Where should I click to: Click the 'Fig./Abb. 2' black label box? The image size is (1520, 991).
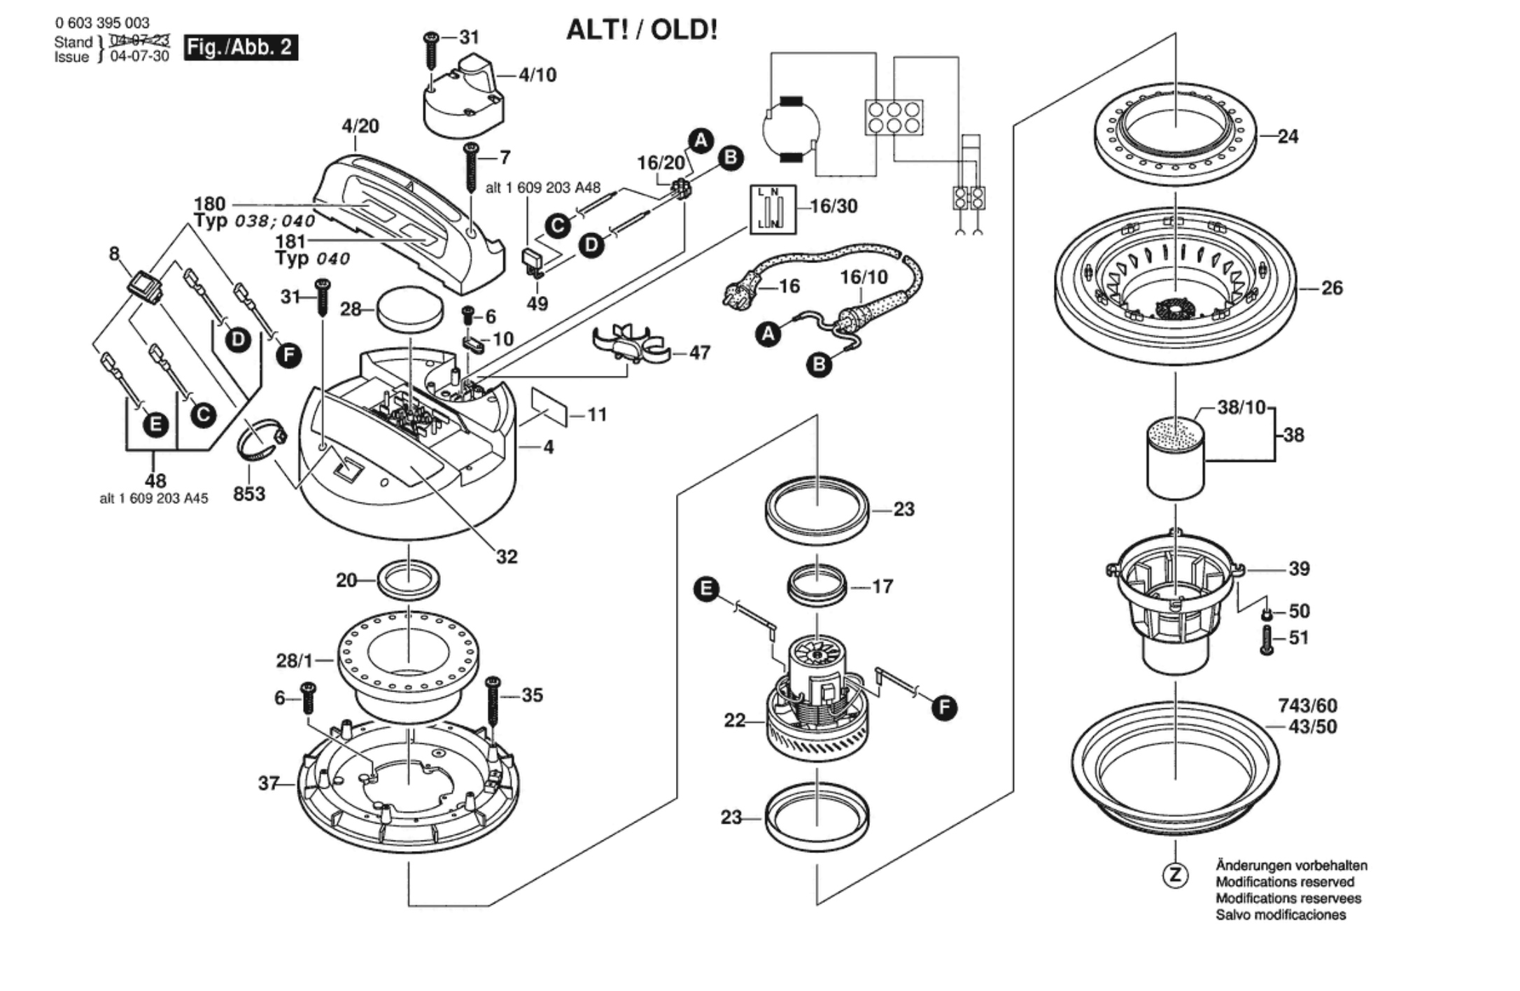(x=241, y=48)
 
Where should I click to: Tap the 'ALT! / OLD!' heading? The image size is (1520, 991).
(x=641, y=30)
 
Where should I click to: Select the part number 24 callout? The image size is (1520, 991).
(x=1288, y=136)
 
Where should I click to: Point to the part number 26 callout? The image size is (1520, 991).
(x=1332, y=288)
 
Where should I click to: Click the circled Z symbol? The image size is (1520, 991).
(x=1175, y=874)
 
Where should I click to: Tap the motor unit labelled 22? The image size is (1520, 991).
(x=817, y=707)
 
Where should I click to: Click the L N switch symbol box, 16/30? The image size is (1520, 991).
(x=773, y=209)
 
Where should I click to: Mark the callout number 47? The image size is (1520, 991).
(x=699, y=353)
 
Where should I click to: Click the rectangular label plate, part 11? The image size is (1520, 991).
(x=549, y=407)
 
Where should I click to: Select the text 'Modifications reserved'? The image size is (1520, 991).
(x=1285, y=882)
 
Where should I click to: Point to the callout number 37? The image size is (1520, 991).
(x=268, y=783)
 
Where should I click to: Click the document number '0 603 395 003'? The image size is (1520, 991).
(x=102, y=23)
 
